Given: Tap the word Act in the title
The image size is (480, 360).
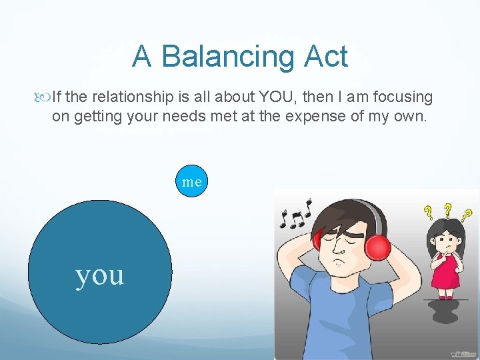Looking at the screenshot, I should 327,57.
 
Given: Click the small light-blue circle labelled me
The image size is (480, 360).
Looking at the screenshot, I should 192,181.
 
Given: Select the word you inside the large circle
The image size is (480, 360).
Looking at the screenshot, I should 100,274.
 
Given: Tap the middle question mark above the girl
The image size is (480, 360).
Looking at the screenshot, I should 447,209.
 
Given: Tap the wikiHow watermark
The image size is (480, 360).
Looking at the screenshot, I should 463,353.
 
